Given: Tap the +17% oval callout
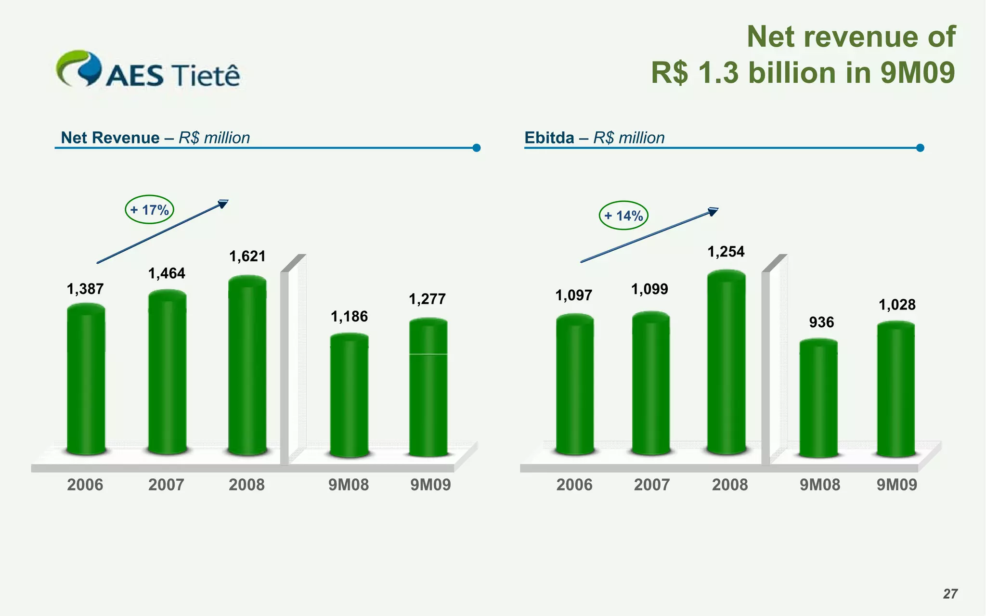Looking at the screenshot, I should click(x=149, y=210).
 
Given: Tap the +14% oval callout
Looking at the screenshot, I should click(x=623, y=215).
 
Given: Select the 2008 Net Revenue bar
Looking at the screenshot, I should click(x=247, y=366).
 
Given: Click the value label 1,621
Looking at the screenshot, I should click(x=247, y=257).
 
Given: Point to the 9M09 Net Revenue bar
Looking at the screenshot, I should click(x=428, y=387).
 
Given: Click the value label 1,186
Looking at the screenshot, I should click(x=349, y=317).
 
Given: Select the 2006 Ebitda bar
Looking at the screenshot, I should click(x=574, y=385).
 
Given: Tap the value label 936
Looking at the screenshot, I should click(x=821, y=322).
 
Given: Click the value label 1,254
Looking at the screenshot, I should click(x=726, y=252).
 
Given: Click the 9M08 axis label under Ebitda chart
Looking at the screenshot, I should click(x=819, y=485).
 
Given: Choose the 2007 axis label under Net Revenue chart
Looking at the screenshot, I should click(x=166, y=485).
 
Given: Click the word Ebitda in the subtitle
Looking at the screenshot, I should click(x=549, y=138).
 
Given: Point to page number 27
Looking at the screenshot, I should click(x=950, y=594).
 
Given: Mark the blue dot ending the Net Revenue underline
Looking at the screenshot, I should click(x=477, y=148).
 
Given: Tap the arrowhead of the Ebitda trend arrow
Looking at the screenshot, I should click(x=713, y=211).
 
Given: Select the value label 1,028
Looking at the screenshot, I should click(x=897, y=305).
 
